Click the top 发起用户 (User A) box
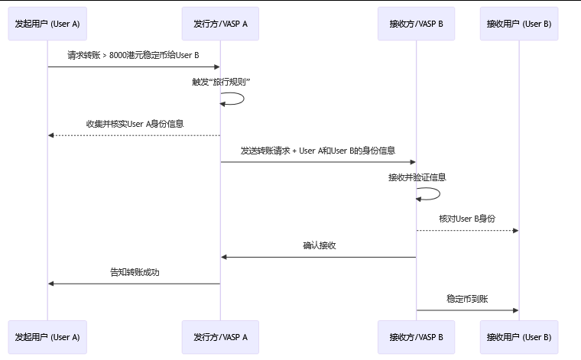coord(47,24)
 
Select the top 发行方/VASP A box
coord(221,24)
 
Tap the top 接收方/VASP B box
coord(416,24)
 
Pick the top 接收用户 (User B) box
coord(519,24)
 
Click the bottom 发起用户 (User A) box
coord(47,337)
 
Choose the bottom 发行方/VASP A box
coord(221,337)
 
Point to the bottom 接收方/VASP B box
coord(416,337)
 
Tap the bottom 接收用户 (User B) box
coord(519,337)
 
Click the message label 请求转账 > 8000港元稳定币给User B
coord(134,55)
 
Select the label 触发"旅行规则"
coord(221,82)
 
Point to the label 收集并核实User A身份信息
coord(135,123)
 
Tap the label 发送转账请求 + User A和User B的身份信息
coord(318,151)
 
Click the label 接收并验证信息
coord(417,177)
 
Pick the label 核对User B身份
coord(467,219)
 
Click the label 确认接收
coord(319,245)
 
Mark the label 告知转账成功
coord(134,272)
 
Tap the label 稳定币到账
coord(467,299)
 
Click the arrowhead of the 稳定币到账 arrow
coord(515,310)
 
